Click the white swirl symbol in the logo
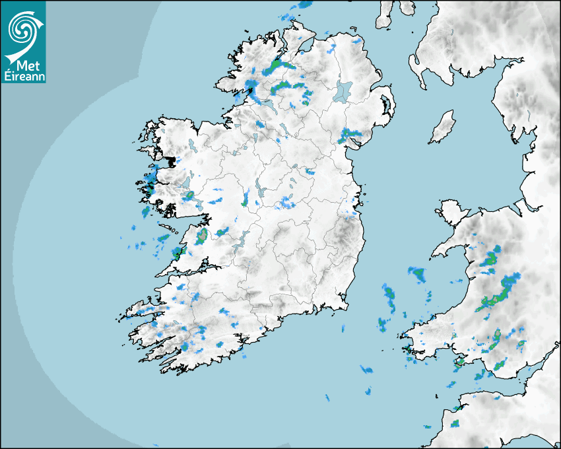(23, 30)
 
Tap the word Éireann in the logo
(22, 76)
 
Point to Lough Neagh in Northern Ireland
(343, 90)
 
